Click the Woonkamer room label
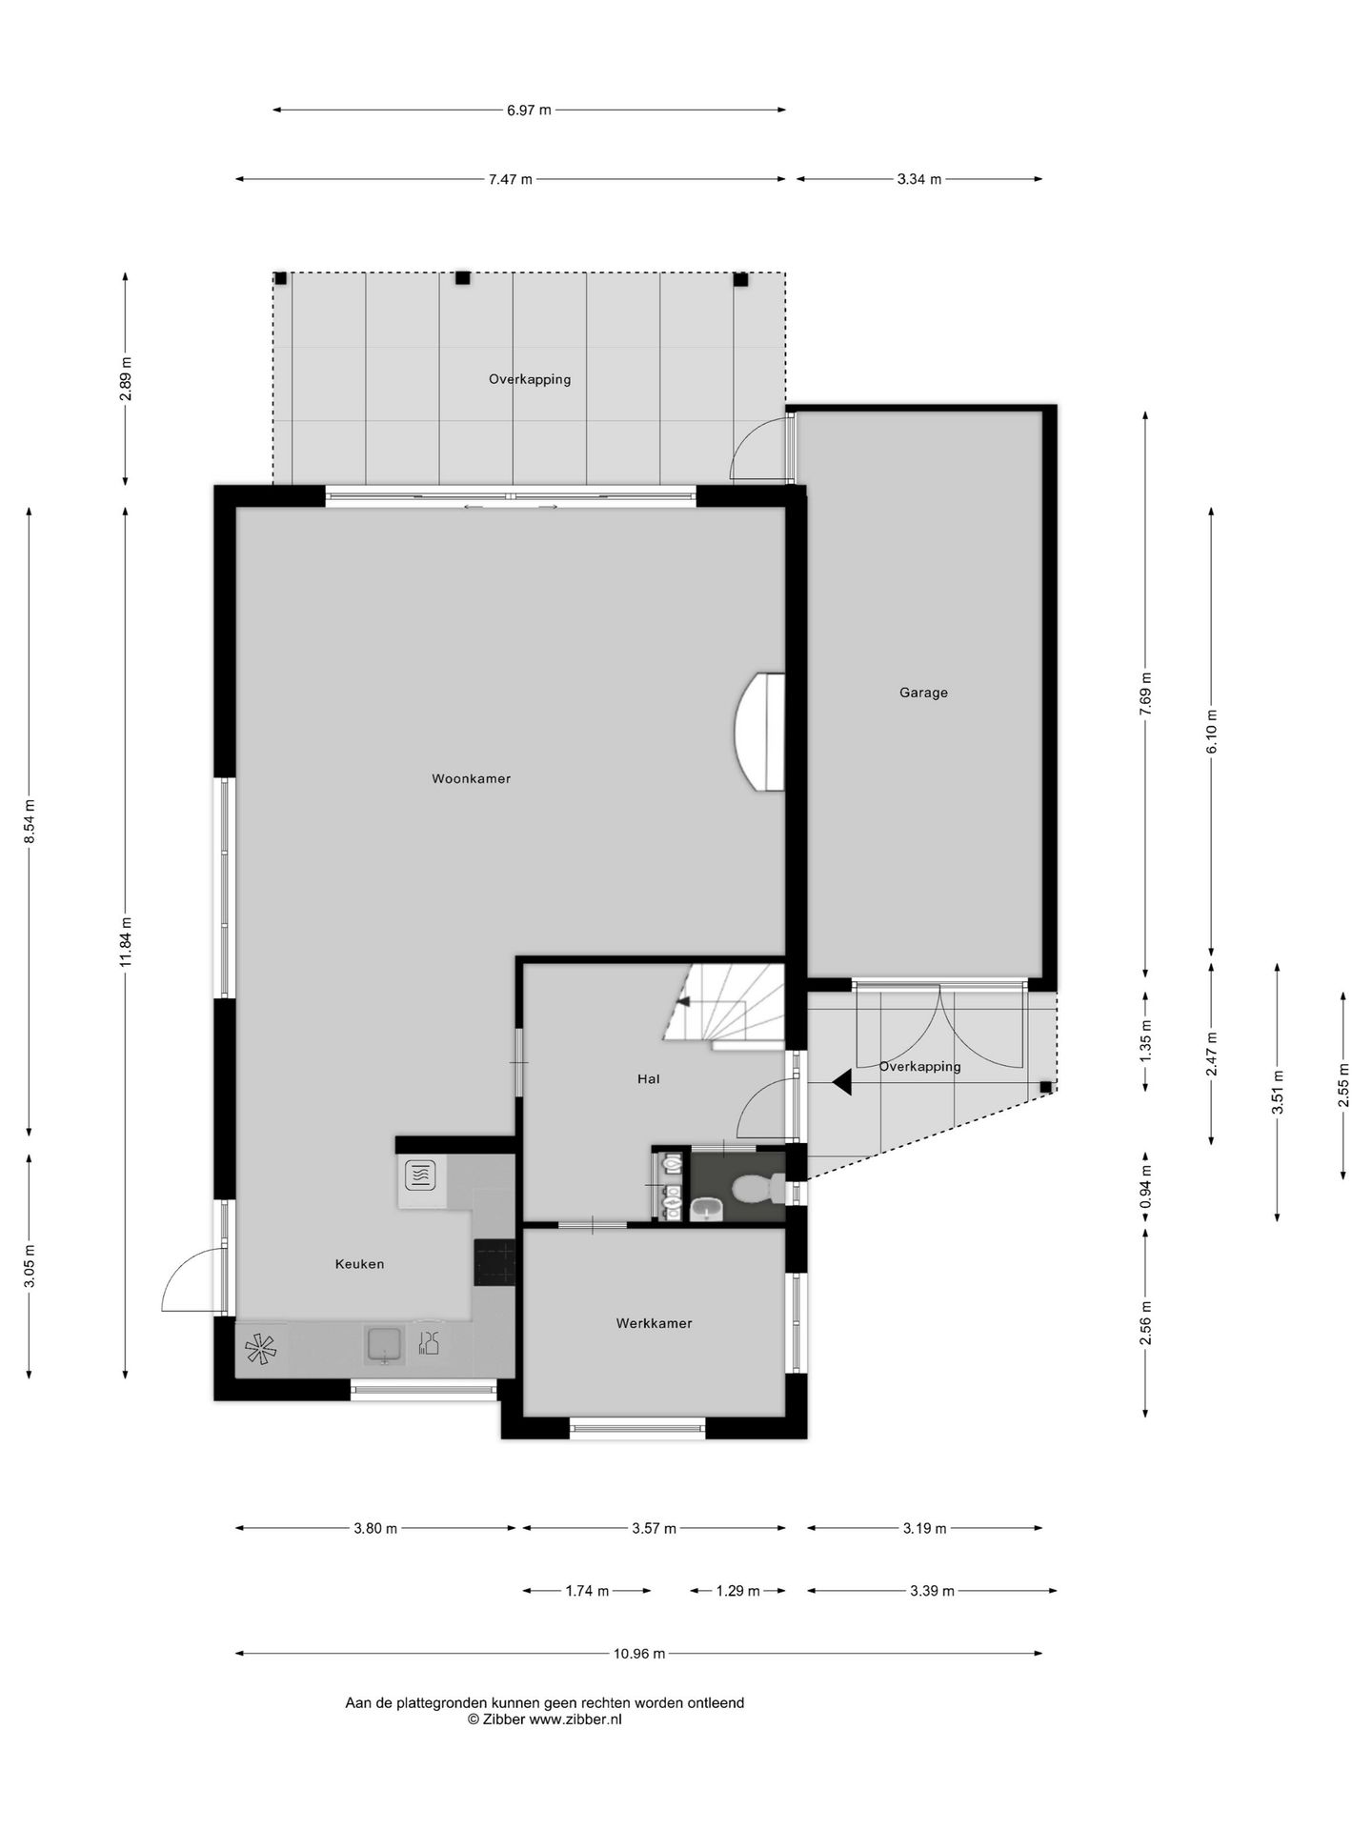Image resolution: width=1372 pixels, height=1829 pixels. point(471,779)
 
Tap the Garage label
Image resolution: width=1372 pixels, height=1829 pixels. point(923,693)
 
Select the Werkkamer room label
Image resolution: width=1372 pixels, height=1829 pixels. point(654,1323)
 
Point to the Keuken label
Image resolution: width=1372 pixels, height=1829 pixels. point(359,1264)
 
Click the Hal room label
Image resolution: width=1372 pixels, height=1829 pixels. point(648,1079)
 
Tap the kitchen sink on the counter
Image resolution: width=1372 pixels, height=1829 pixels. point(385,1345)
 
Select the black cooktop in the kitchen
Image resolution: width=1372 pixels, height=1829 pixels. point(494,1262)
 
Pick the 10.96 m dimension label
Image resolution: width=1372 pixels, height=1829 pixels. point(638,1654)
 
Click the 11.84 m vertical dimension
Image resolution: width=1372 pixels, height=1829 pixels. point(125,941)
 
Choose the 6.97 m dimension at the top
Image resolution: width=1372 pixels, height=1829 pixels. point(529,110)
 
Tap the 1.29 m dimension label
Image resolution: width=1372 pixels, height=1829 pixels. point(738,1591)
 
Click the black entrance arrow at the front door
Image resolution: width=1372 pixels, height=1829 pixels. point(842,1082)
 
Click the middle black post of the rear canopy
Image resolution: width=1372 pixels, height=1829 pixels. point(462,278)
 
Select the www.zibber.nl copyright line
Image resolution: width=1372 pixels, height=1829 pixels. point(544,1719)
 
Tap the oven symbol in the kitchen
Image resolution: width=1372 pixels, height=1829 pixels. point(420,1176)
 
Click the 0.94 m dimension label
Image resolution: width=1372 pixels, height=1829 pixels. point(1145,1187)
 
